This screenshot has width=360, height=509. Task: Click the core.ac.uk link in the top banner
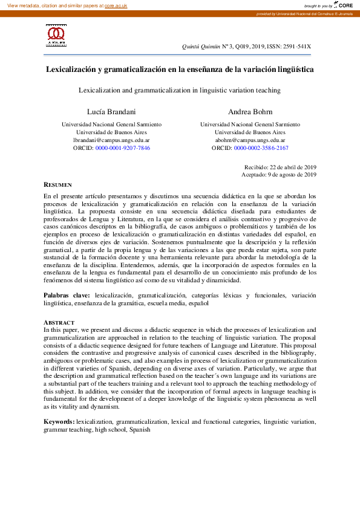tap(117, 5)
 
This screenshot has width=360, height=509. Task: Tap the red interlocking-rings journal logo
tap(56, 33)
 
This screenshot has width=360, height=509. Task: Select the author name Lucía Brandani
tap(111, 112)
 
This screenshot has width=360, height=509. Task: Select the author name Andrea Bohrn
tap(250, 112)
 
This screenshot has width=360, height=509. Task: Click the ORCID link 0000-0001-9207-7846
tap(123, 148)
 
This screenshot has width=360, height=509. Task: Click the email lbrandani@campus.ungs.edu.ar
tap(111, 140)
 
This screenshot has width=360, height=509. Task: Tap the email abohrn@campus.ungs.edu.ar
tap(250, 140)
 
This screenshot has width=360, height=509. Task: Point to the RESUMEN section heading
tap(58, 184)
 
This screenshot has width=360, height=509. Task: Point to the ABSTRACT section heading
tap(59, 323)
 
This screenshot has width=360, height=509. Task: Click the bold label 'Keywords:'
tap(59, 421)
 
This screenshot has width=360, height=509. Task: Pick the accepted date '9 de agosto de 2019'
tap(293, 175)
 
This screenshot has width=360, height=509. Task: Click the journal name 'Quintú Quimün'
tap(200, 46)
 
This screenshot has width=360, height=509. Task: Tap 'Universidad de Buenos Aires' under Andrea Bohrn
tap(250, 132)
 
